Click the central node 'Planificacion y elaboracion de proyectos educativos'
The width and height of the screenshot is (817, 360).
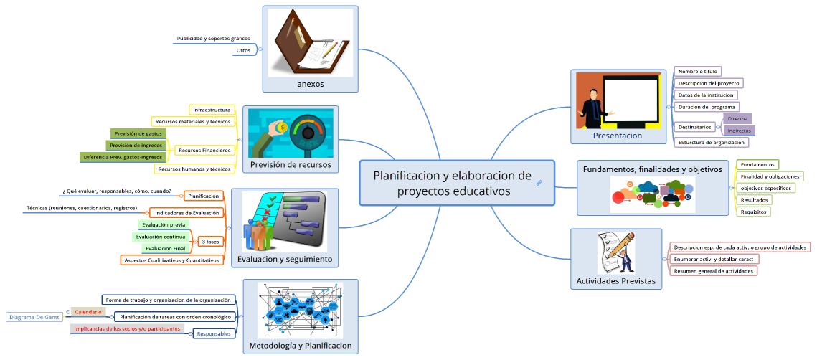tap(452, 184)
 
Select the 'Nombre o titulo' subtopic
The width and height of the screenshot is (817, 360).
tap(698, 72)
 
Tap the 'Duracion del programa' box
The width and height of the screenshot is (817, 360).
tap(707, 107)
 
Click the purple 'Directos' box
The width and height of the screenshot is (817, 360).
tap(737, 119)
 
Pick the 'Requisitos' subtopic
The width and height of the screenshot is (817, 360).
tap(753, 212)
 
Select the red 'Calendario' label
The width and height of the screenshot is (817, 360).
tap(88, 312)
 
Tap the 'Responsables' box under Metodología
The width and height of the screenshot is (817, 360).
tap(214, 333)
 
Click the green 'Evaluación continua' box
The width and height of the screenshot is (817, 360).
tap(161, 237)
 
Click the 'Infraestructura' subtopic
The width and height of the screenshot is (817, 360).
tap(212, 110)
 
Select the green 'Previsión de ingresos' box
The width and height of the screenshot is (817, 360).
tap(138, 145)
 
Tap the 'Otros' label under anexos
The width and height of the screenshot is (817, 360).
tap(243, 51)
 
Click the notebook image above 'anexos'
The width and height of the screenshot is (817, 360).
tap(311, 43)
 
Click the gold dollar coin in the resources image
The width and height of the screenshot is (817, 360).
tap(283, 128)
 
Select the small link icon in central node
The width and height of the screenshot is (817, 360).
tap(539, 184)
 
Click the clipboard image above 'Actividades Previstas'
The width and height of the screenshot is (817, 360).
tap(616, 252)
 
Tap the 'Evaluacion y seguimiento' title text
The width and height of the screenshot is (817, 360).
tap(285, 259)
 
